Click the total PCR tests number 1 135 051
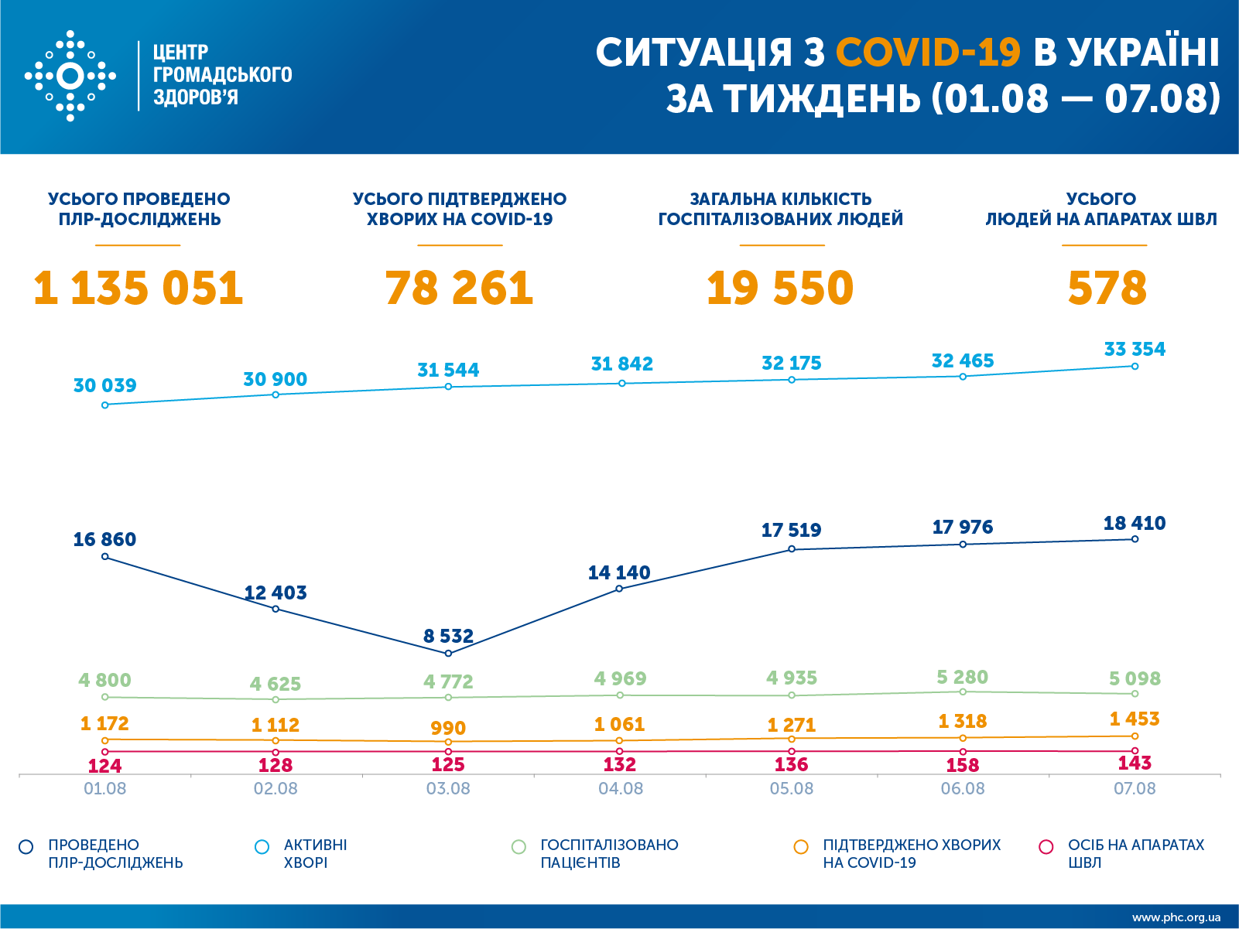139,288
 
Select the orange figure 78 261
459,288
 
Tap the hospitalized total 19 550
780,288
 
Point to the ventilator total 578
1107,288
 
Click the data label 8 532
448,636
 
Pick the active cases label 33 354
1135,349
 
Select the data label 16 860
104,539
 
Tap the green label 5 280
962,677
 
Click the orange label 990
448,728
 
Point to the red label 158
963,765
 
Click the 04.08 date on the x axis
621,789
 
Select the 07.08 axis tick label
1135,789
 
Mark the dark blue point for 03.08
448,654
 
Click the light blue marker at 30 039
105,405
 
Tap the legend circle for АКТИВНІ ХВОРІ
262,847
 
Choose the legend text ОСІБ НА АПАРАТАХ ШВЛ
1135,853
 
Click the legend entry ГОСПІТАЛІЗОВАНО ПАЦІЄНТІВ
608,853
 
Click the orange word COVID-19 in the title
928,53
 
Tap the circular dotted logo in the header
70,76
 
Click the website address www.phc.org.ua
1176,917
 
